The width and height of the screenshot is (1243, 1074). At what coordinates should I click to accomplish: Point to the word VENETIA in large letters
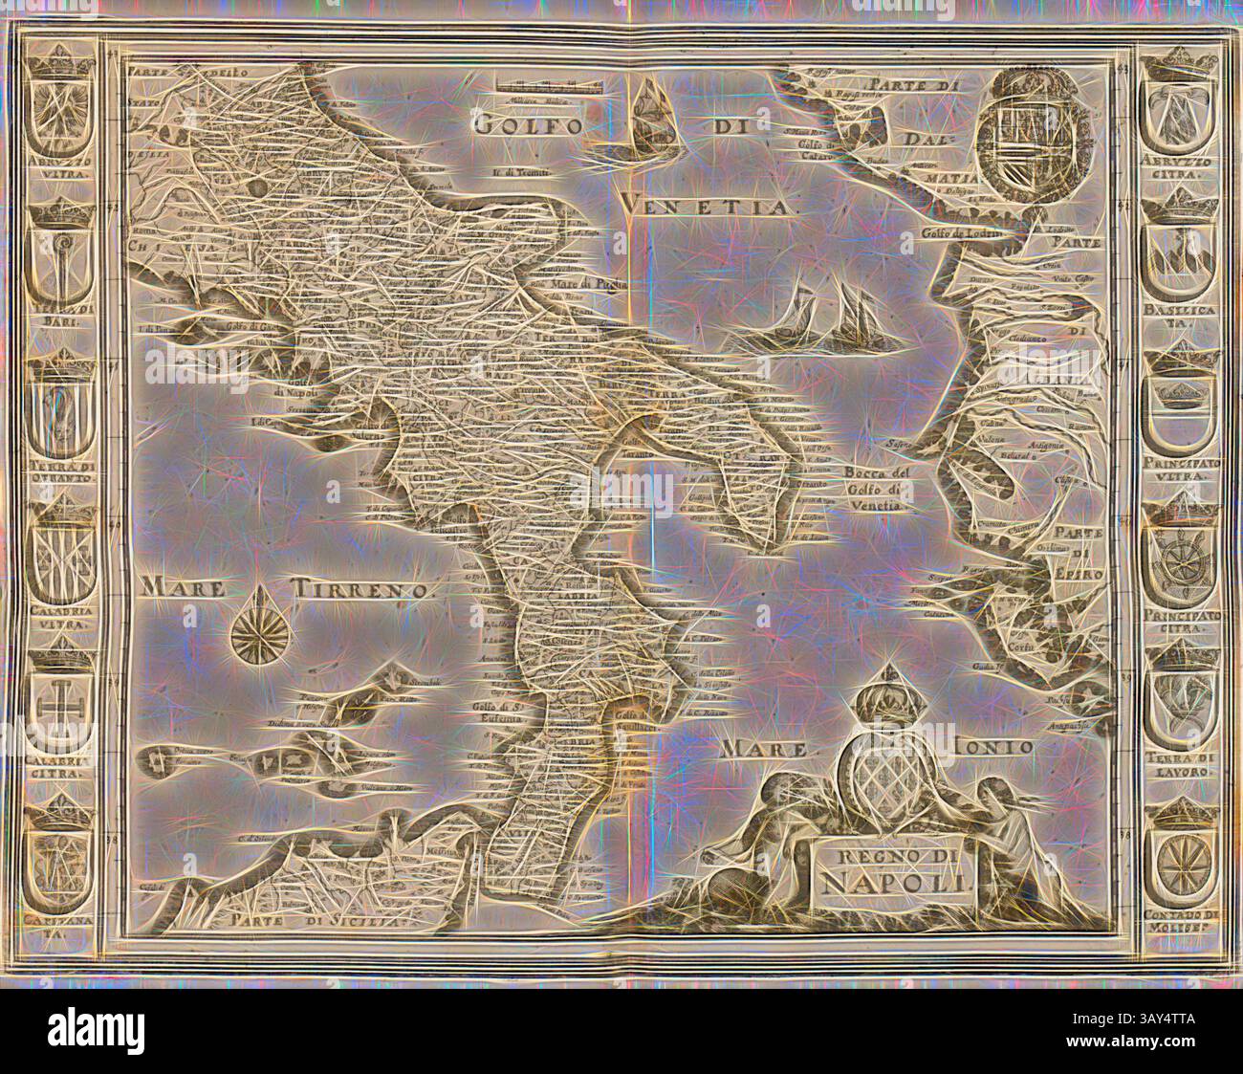pyautogui.click(x=708, y=203)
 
